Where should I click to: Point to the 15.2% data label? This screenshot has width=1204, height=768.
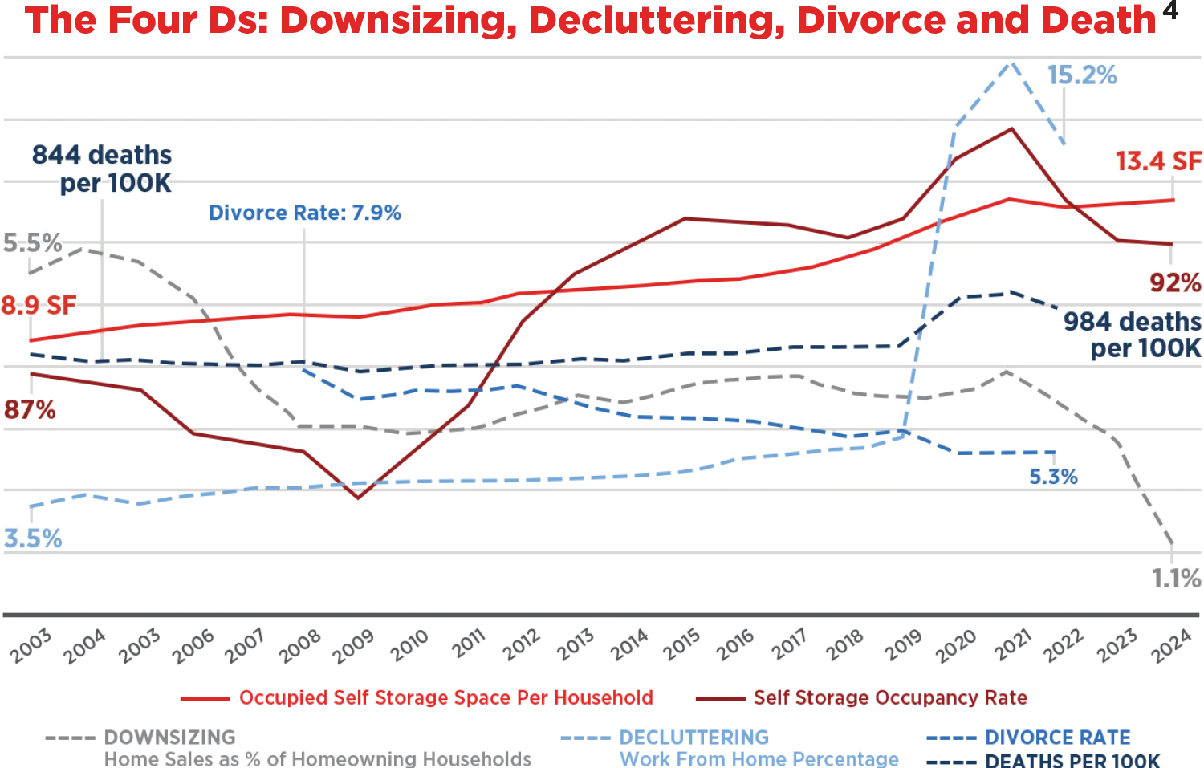click(x=1082, y=76)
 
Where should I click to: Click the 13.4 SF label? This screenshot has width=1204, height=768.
click(x=1158, y=161)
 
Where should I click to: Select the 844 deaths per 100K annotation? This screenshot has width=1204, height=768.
click(x=103, y=169)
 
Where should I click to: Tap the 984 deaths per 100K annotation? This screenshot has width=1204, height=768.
click(x=1132, y=335)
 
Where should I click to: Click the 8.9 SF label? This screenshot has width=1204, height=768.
click(x=38, y=306)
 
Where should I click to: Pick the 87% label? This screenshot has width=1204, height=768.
click(x=30, y=410)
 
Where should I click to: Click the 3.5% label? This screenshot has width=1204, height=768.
click(x=32, y=538)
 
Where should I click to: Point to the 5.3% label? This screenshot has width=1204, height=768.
click(x=1053, y=477)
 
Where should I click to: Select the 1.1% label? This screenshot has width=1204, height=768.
click(x=1176, y=578)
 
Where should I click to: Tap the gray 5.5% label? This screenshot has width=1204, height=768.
click(x=32, y=243)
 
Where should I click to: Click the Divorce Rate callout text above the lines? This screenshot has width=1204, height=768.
click(x=304, y=213)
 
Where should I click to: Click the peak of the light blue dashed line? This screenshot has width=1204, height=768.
click(x=1011, y=64)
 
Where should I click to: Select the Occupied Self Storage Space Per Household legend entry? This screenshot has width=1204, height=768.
click(x=445, y=697)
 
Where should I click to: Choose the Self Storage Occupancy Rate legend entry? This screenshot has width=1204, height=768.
click(x=889, y=697)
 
